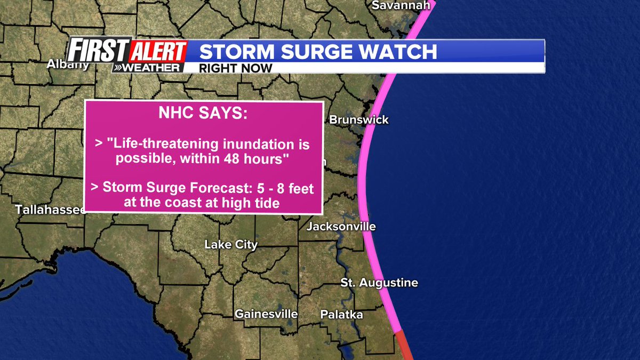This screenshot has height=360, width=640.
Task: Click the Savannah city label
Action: coord(401,5)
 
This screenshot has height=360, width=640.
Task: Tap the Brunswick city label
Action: coord(358,120)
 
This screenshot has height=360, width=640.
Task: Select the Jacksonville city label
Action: coord(341,227)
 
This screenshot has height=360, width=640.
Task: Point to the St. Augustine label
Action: coord(379,283)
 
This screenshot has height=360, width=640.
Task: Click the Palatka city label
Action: coord(341,315)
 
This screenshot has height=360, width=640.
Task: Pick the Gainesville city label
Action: coord(266,314)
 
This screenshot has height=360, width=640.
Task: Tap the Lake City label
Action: coord(231,245)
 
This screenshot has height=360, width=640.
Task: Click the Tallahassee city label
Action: coord(50,210)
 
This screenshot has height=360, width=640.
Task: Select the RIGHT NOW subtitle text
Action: coord(235,68)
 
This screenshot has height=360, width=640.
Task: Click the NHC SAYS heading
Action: coord(203,114)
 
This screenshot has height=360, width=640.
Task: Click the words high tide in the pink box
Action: coord(255,202)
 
